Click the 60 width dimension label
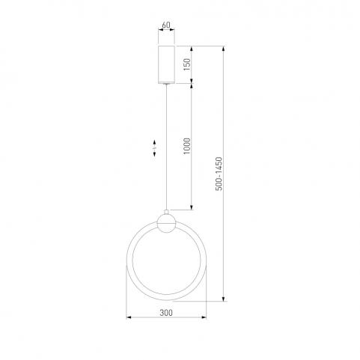166,25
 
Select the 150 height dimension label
187,64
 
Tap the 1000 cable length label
187,146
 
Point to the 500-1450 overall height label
219,174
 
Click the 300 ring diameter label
166,313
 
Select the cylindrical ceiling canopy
166,64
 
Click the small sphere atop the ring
166,224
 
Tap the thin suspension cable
166,147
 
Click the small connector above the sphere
166,213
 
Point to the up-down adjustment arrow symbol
154,148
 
